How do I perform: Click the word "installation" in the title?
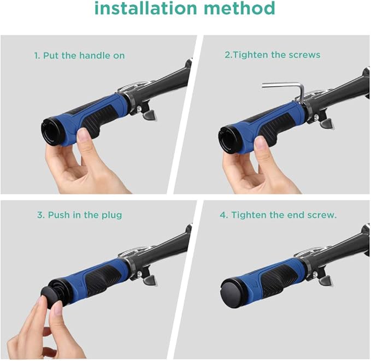[146, 8]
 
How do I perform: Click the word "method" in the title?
[239, 8]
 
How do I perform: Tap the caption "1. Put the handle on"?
[79, 56]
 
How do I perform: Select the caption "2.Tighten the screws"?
[272, 55]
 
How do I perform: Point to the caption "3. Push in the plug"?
[80, 215]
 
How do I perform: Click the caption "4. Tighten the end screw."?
[278, 215]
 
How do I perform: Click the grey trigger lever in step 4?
[326, 281]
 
